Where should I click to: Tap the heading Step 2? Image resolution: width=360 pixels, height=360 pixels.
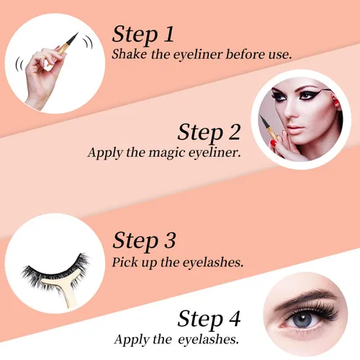(211, 132)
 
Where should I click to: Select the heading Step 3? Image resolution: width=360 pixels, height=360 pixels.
(145, 239)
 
